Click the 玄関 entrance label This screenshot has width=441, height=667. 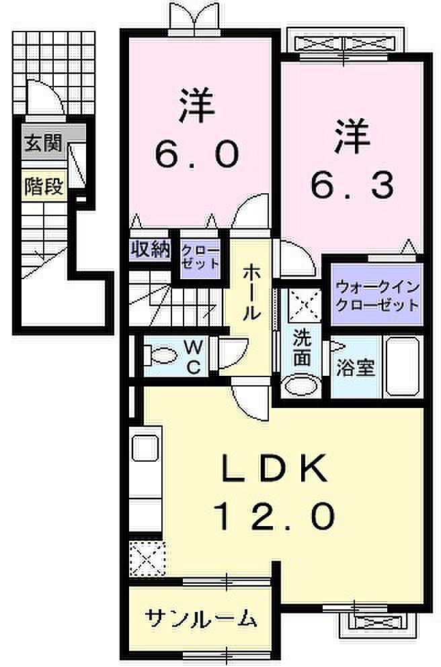pyautogui.click(x=43, y=143)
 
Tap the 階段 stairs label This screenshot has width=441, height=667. pyautogui.click(x=44, y=187)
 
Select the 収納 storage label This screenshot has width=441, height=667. pyautogui.click(x=151, y=249)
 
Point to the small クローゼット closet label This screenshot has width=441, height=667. pyautogui.click(x=200, y=256)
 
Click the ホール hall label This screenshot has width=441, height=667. pyautogui.click(x=251, y=293)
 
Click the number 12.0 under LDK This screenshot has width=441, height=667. pyautogui.click(x=273, y=515)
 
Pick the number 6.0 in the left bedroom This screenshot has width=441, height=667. pyautogui.click(x=196, y=154)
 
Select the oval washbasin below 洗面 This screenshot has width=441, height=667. pyautogui.click(x=302, y=387)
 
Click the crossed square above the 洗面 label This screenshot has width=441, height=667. pyautogui.click(x=305, y=305)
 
